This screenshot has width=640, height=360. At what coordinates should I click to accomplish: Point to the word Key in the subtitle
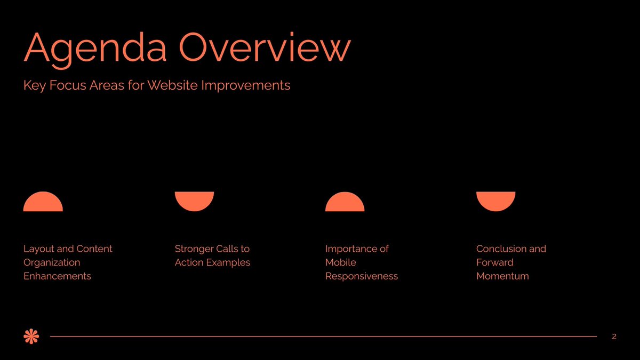coord(34,85)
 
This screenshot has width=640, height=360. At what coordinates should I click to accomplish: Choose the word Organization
coord(52,262)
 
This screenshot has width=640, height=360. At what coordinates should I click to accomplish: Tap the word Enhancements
coord(57,276)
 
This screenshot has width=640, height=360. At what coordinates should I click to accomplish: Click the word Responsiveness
coord(362,276)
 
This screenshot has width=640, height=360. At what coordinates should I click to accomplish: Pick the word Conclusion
coord(501,249)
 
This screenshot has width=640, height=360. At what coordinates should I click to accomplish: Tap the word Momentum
coord(502,276)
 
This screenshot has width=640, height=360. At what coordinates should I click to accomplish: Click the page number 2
coord(614,337)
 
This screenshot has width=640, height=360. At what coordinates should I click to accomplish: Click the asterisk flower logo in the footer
coord(32,336)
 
